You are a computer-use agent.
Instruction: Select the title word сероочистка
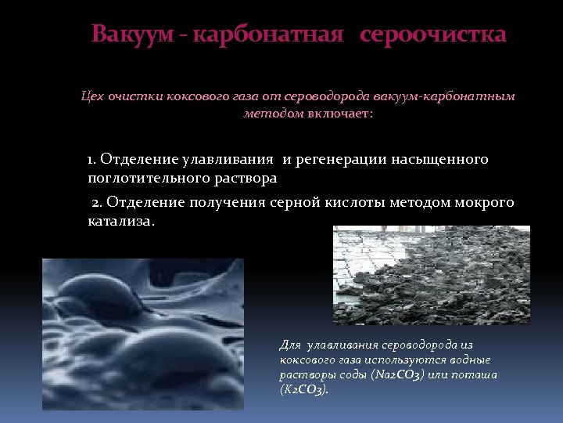coord(433,35)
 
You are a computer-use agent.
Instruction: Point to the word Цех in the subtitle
coord(93,96)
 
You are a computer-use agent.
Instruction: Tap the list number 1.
coord(91,160)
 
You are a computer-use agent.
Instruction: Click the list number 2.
coord(96,203)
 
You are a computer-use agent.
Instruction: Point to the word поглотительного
coord(145,179)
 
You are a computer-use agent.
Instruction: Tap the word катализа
coord(121,222)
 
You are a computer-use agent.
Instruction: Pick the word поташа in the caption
coord(476,374)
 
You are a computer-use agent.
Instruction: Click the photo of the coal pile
coord(432,274)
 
